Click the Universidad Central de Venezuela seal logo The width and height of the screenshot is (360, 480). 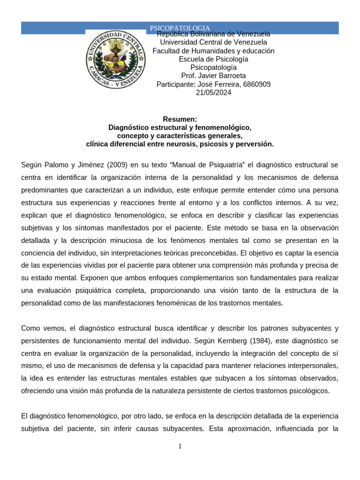[x=115, y=59]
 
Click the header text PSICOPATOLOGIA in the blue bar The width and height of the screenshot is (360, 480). [x=180, y=28]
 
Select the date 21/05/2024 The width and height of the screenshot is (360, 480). [x=213, y=93]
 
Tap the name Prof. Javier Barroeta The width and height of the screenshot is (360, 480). [x=213, y=76]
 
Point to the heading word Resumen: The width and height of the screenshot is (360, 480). [x=180, y=120]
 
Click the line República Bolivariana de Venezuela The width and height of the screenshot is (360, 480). [x=213, y=34]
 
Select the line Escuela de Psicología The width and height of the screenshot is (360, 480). [x=213, y=59]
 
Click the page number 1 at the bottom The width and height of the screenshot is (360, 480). [x=180, y=446]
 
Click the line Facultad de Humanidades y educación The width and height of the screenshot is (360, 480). [x=213, y=51]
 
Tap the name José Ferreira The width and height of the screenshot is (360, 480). [x=221, y=84]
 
